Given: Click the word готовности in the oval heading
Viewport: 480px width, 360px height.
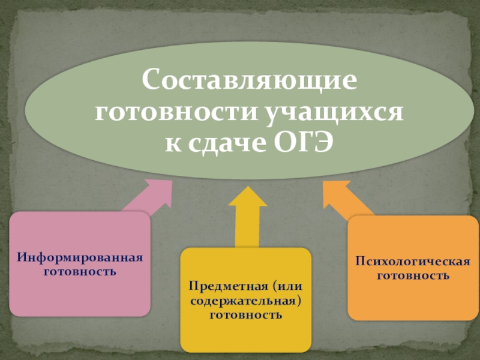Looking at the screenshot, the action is click(178, 112).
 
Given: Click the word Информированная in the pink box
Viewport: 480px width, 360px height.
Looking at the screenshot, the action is click(80, 257).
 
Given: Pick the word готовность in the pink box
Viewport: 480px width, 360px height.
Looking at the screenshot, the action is click(80, 271).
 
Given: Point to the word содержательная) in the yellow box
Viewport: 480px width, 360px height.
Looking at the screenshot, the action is click(245, 299).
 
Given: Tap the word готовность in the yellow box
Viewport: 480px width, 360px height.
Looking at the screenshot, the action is click(245, 313).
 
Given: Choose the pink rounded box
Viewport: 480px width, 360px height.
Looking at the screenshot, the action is click(80, 294).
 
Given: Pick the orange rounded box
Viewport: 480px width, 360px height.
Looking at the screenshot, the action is click(412, 300).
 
